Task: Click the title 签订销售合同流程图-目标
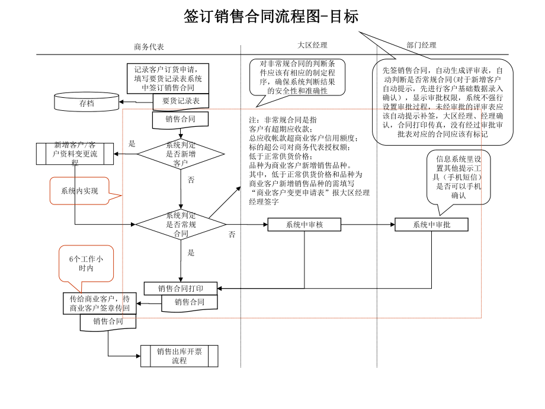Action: pos(271,17)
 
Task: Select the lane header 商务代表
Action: pos(149,47)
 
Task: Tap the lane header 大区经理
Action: pos(312,45)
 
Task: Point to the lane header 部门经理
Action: pos(421,45)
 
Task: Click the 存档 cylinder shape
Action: pos(86,102)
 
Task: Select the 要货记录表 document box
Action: pos(181,101)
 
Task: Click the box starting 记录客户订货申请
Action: pos(168,78)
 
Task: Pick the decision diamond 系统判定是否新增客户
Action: pos(181,154)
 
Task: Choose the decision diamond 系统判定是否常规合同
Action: pos(181,225)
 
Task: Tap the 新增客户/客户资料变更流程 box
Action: pos(75,153)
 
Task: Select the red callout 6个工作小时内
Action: pos(86,264)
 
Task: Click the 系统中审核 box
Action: pos(304,225)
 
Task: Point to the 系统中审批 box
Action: pos(431,225)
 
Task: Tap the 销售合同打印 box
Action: pos(181,289)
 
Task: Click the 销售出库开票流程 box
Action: pos(179,356)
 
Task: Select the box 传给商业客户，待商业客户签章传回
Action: pos(100,303)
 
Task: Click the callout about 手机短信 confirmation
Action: pos(459,177)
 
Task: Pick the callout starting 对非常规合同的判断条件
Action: pos(297,77)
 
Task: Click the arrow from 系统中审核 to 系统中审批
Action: pos(368,225)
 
